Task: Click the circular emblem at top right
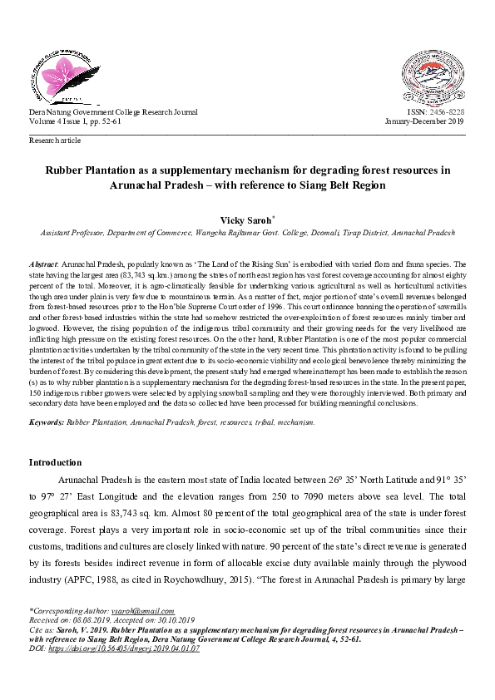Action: [x=434, y=74]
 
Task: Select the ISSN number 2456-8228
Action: [x=448, y=111]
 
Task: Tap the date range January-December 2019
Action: [x=424, y=121]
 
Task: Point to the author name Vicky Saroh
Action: [x=245, y=220]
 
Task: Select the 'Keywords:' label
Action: [x=47, y=422]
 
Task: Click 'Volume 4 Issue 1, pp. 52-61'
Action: [x=76, y=121]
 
